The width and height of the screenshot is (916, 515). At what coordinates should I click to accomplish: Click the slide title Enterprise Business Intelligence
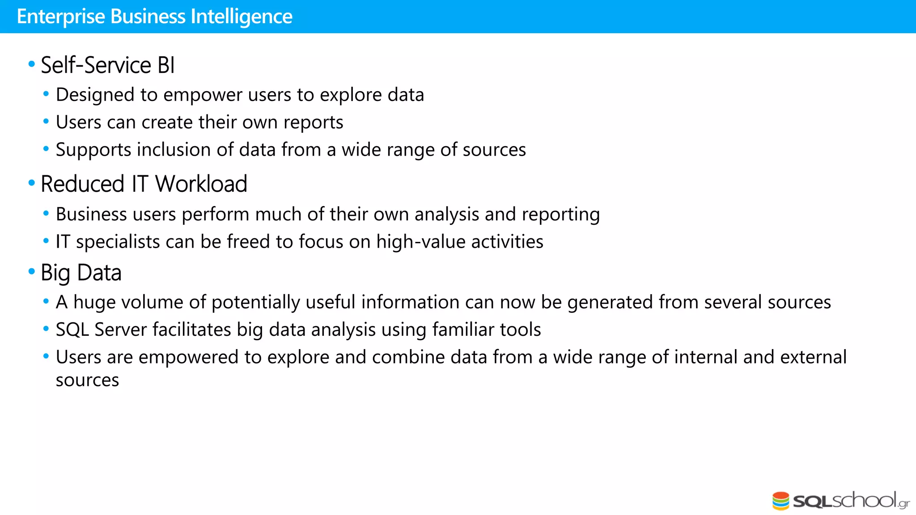[x=154, y=17]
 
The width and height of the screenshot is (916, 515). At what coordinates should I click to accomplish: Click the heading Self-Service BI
[x=107, y=65]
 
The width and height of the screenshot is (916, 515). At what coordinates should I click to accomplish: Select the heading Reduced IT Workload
[x=144, y=184]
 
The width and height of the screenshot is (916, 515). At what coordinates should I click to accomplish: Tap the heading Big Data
[x=81, y=273]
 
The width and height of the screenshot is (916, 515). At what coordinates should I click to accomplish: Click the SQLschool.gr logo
[x=841, y=500]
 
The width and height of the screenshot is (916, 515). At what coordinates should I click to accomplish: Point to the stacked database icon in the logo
[x=781, y=501]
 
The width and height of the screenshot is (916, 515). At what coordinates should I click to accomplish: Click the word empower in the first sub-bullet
[x=203, y=95]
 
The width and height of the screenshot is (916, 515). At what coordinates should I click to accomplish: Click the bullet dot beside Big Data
[x=32, y=271]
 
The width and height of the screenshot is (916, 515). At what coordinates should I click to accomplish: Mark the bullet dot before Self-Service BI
[x=32, y=64]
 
